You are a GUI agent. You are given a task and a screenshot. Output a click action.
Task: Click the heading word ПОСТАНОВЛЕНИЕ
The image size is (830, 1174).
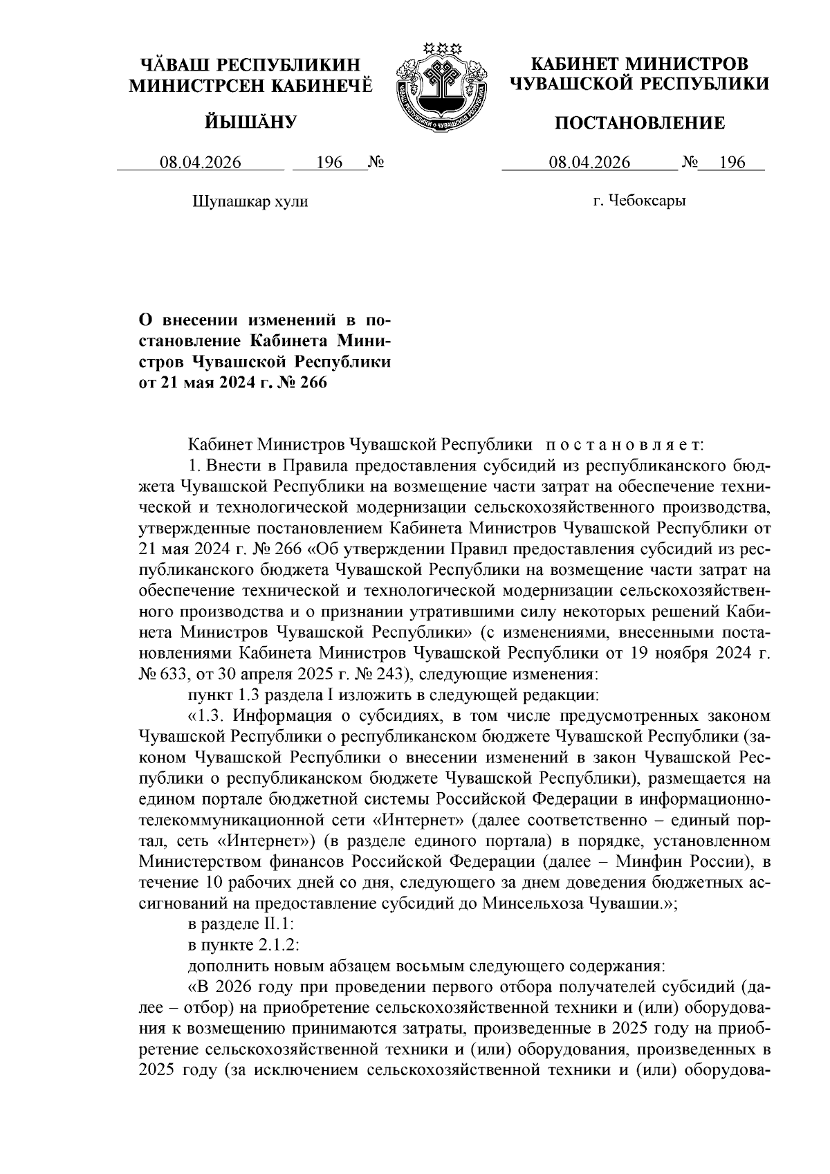point(640,123)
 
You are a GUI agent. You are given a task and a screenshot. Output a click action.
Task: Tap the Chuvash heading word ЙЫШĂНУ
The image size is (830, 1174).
point(251,123)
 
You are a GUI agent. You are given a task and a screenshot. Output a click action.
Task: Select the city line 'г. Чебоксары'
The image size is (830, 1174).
point(639,201)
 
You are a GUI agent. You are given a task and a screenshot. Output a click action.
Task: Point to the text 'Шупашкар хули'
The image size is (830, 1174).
point(249,201)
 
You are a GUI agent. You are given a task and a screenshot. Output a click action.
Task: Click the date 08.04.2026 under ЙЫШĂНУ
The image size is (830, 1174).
point(201,163)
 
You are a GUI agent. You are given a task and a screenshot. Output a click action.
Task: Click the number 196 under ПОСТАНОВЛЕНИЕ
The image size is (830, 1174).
point(732,163)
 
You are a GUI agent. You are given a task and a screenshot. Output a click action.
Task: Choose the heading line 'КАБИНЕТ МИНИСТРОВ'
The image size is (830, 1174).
point(639,64)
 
